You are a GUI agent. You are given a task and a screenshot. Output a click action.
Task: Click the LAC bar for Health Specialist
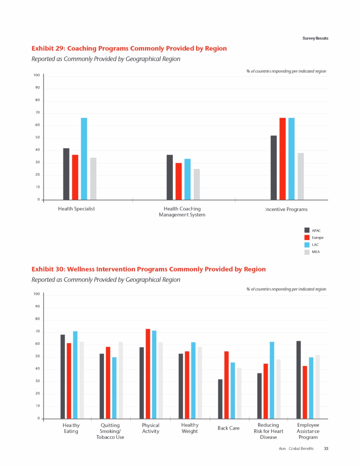coord(84,159)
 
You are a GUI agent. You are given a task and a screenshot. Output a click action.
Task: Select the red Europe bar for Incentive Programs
coord(282,159)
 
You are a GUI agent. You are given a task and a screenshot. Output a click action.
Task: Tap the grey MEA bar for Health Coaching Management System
coord(197,184)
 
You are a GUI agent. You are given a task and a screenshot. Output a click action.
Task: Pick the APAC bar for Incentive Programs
coord(274,168)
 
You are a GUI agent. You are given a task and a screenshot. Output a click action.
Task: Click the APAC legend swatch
coord(307,230)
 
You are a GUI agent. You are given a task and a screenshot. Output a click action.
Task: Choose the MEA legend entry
coord(316,252)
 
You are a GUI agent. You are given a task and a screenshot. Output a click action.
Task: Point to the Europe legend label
coord(318,238)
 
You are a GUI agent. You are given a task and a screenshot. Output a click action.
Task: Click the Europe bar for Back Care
coord(227,385)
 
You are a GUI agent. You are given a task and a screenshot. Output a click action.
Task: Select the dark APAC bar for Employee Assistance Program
coord(299,380)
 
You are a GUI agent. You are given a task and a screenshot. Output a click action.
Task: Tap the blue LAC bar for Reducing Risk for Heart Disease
coord(272,380)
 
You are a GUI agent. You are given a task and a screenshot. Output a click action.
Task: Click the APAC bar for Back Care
coord(220,399)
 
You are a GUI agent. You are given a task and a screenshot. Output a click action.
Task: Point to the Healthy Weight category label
coord(190,428)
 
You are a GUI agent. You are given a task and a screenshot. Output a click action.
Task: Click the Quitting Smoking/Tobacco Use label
coord(110,431)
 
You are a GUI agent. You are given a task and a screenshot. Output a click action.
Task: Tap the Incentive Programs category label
coord(286,209)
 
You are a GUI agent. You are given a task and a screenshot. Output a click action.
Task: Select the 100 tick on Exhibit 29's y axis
coord(37,75)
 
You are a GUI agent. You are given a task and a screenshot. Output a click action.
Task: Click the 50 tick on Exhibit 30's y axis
coord(37,356)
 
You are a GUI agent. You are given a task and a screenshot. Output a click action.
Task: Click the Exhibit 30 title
coord(149,269)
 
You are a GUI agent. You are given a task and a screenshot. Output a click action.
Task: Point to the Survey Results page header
coord(315,38)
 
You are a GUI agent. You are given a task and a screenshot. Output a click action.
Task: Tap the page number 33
coord(326,449)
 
